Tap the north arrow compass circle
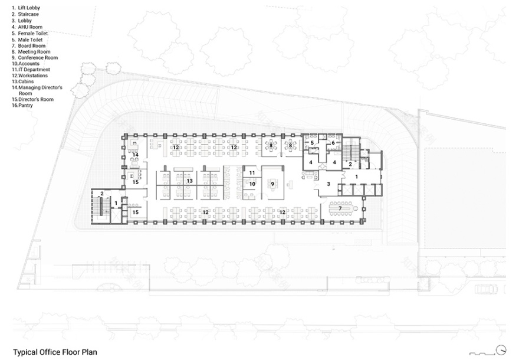pos(501,349)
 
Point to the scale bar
pos(480,352)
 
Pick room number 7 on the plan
pos(340,209)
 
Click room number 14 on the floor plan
pos(135,155)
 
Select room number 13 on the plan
pos(189,181)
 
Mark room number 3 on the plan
pos(329,185)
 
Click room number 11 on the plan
pos(251,173)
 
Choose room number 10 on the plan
pos(251,184)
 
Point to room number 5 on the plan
pos(313,143)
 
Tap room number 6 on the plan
pos(333,143)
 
